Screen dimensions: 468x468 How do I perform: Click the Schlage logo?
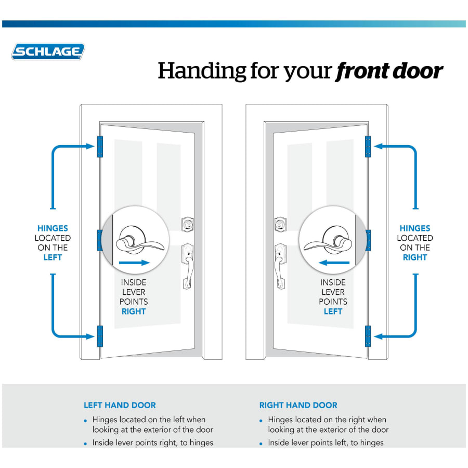coord(48,51)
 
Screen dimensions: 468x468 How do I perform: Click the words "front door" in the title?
coord(389,71)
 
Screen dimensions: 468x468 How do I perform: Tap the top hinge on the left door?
coord(100,147)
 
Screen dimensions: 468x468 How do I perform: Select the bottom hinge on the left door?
coord(100,336)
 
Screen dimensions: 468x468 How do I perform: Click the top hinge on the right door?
coord(368,147)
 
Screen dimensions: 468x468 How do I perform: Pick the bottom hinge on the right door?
coord(368,336)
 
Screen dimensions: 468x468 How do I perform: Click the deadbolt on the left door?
coord(186,225)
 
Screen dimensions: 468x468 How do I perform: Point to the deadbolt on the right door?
coord(281,225)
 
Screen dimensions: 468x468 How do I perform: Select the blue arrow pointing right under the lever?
coord(134,263)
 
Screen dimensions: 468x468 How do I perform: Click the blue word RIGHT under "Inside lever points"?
coord(134,311)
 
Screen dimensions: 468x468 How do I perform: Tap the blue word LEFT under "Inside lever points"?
coord(333,311)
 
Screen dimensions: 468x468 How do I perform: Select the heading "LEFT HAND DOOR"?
coord(120,405)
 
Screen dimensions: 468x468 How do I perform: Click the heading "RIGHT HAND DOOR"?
coord(298,405)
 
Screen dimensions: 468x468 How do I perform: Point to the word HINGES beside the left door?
coord(53,228)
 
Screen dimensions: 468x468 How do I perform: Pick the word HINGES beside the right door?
coord(415,228)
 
